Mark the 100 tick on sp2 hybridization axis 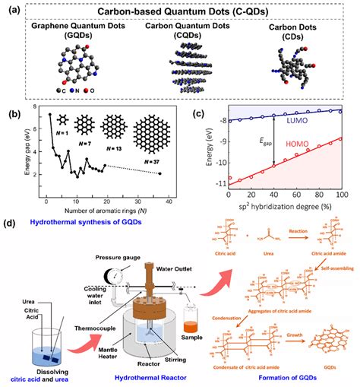(343, 195)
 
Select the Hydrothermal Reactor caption (158, 377)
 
